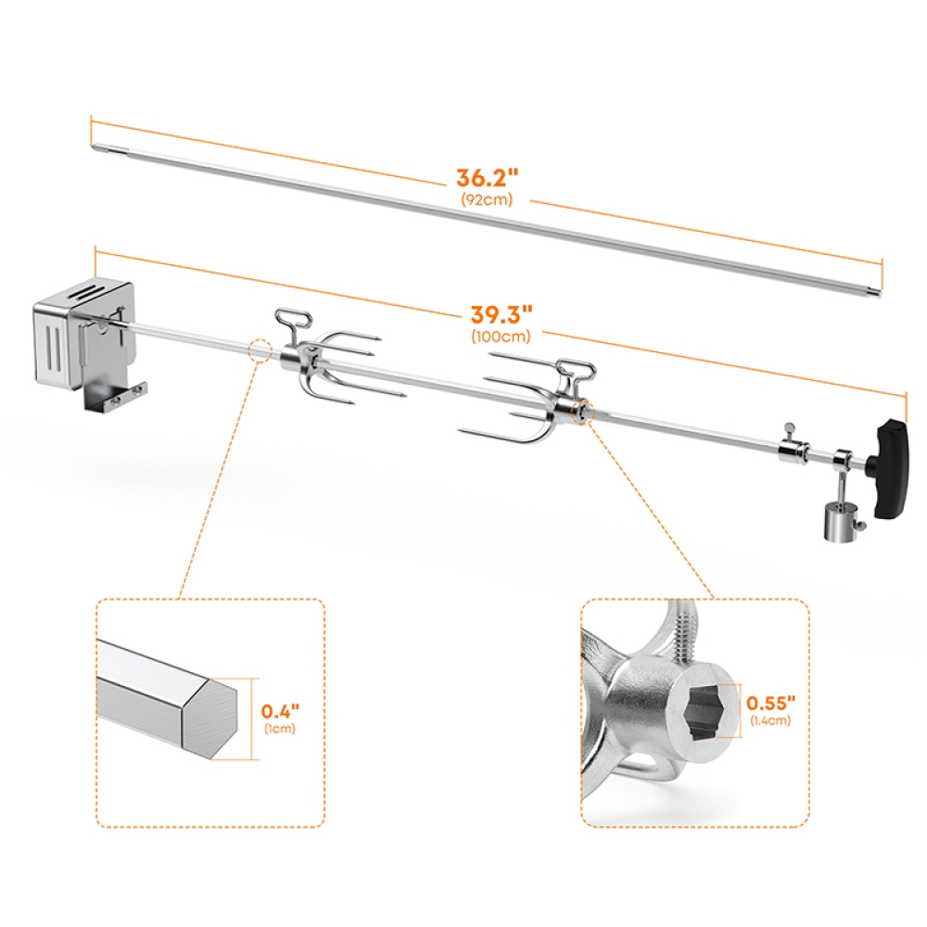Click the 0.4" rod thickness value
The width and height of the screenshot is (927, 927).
(279, 713)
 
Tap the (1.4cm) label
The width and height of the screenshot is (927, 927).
(771, 720)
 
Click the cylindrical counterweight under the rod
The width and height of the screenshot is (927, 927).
(836, 521)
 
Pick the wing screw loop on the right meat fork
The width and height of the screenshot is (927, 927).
(575, 371)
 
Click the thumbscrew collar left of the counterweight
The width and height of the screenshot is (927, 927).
(790, 449)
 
